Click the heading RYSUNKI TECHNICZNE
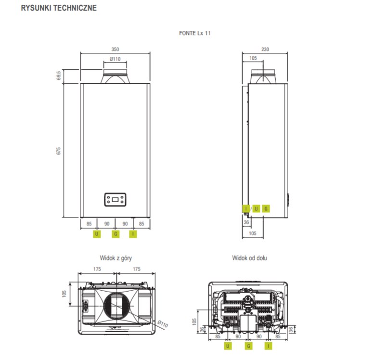point(52,9)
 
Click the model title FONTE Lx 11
point(195,33)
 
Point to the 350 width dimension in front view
point(115,49)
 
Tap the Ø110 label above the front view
point(115,59)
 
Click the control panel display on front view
point(115,199)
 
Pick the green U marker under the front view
point(97,234)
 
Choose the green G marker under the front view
point(115,234)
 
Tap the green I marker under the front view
point(133,234)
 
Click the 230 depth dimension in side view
point(265,49)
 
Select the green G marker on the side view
point(266,208)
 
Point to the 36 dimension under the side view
point(247,222)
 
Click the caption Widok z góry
point(115,258)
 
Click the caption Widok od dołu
point(249,258)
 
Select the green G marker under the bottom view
point(248,346)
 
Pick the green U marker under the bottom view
point(228,346)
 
